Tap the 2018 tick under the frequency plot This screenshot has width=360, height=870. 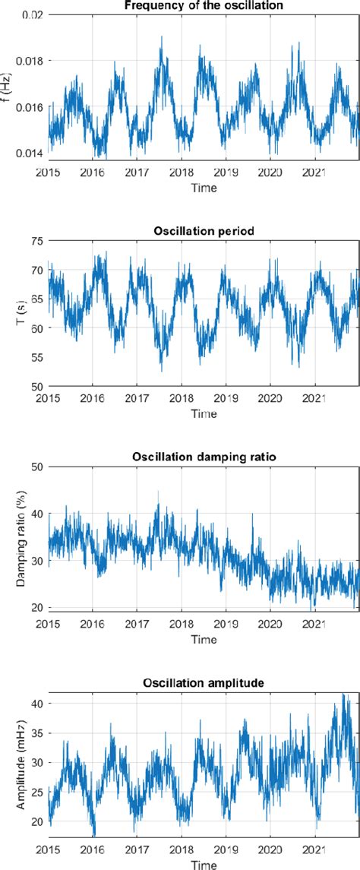181,171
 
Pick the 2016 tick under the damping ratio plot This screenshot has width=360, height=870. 92,622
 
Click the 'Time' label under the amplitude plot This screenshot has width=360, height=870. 203,864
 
